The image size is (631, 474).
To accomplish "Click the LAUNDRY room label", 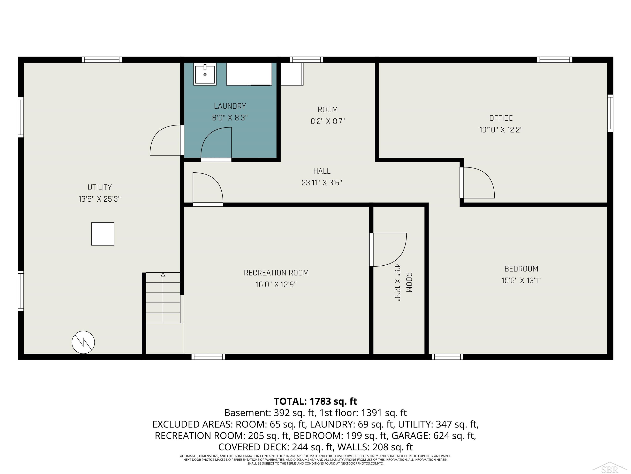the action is (x=230, y=106).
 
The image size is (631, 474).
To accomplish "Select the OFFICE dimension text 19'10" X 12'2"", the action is (x=501, y=130).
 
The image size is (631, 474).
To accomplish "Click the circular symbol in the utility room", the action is (x=83, y=342).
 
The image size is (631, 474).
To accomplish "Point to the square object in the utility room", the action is (x=103, y=234).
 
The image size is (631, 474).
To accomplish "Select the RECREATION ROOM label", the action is (x=276, y=273).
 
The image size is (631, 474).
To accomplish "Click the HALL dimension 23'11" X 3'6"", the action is (x=322, y=183).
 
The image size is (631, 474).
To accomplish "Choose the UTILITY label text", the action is (x=100, y=187).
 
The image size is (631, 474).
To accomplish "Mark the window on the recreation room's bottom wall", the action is (x=208, y=357).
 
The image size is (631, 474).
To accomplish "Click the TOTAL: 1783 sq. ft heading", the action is (x=315, y=401).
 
